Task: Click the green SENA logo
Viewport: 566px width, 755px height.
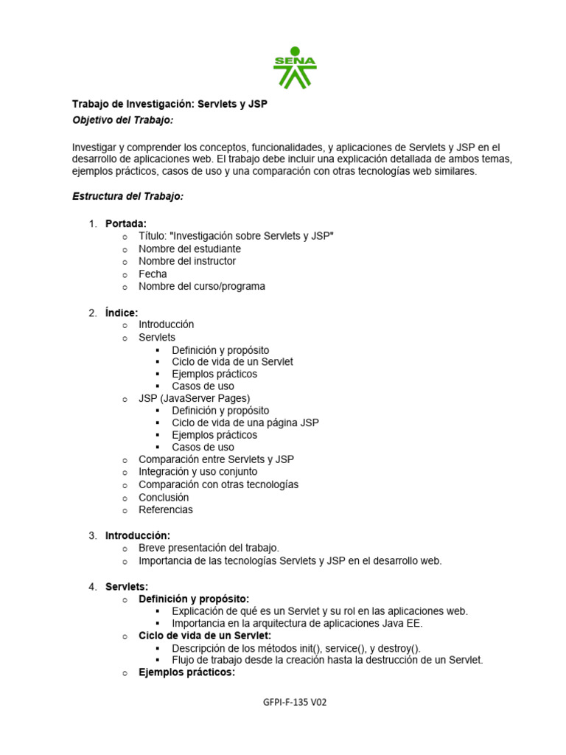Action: (x=295, y=67)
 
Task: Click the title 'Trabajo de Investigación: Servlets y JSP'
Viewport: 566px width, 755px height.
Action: (x=170, y=105)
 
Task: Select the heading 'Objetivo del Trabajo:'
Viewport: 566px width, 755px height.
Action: (x=122, y=119)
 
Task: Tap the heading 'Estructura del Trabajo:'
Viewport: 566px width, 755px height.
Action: (x=127, y=196)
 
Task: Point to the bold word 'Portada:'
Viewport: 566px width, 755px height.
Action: (x=126, y=223)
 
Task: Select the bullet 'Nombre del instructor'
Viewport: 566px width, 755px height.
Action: (x=187, y=261)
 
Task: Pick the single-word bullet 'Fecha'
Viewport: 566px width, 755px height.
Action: (x=153, y=274)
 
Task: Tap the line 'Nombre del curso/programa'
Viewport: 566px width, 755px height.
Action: (x=201, y=286)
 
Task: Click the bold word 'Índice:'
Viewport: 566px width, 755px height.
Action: (x=122, y=313)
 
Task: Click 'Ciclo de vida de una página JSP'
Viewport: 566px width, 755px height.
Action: (x=245, y=422)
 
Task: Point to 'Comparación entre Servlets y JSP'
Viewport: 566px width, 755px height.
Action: (x=216, y=459)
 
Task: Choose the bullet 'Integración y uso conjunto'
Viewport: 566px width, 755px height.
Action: (x=198, y=472)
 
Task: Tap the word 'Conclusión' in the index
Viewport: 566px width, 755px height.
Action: (x=164, y=497)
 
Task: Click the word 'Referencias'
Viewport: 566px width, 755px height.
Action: (x=165, y=509)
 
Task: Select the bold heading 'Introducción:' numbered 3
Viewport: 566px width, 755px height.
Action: (x=138, y=535)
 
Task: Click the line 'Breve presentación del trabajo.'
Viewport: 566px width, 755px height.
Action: (x=209, y=548)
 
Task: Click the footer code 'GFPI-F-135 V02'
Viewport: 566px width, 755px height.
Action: (x=294, y=703)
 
